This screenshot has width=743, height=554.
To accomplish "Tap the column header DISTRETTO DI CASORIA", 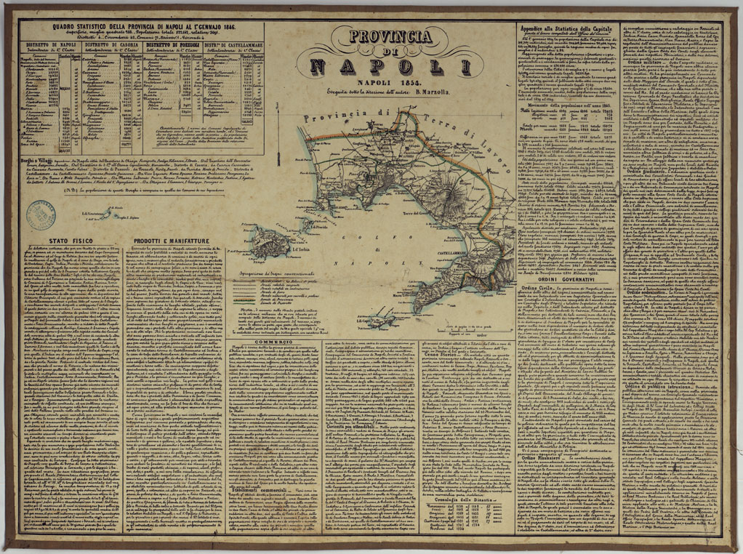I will click(113, 44).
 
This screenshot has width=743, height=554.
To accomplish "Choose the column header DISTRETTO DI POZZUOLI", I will click(174, 44).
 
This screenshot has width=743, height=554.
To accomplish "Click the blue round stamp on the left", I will click(40, 215).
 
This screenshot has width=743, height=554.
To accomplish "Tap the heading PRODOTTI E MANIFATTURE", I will click(172, 240).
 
